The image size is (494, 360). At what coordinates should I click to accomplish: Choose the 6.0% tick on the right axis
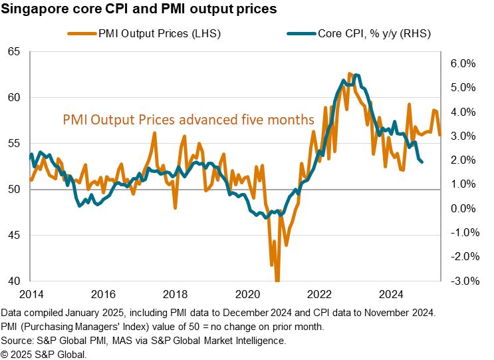463,63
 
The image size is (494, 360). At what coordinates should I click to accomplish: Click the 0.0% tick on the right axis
463,208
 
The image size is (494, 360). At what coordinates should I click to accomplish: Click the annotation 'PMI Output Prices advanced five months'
188,120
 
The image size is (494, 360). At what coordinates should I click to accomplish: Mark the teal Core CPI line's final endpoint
423,162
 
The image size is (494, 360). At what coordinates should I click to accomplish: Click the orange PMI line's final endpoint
439,135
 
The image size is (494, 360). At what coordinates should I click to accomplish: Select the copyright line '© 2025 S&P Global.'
44,353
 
